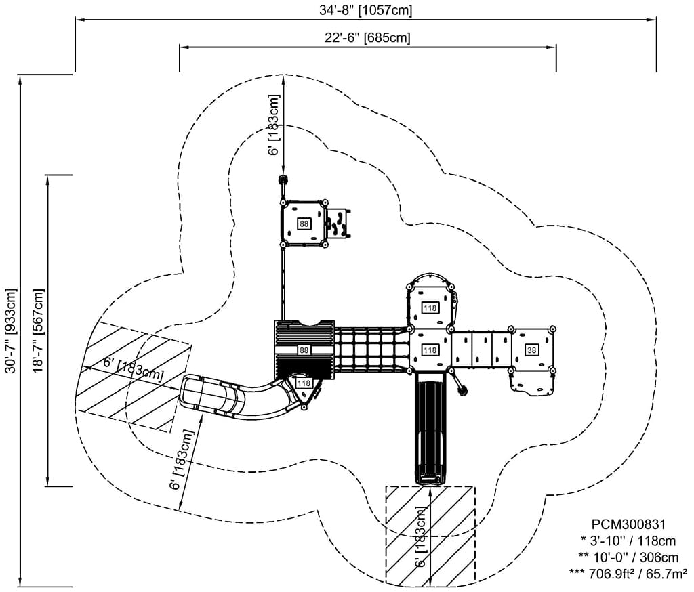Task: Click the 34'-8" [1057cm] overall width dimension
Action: [x=366, y=10]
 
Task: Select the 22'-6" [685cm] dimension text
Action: [x=367, y=37]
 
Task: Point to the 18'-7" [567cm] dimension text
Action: [x=37, y=331]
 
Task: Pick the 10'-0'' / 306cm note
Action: [x=628, y=557]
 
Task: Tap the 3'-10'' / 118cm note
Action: [x=628, y=541]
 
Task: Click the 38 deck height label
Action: [x=531, y=350]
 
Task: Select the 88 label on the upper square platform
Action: [x=303, y=224]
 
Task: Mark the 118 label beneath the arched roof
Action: [x=430, y=308]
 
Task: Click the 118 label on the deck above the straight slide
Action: [x=430, y=350]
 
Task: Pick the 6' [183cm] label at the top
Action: [x=274, y=125]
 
